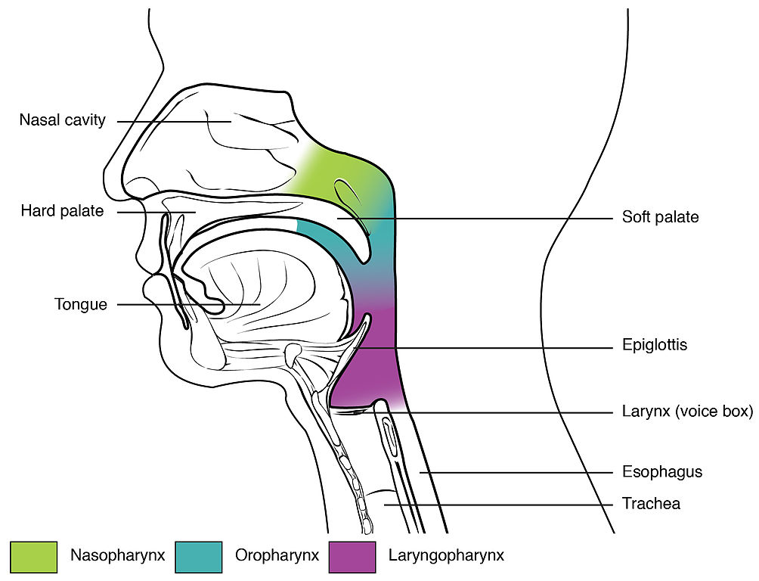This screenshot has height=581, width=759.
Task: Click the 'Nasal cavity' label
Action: [63, 120]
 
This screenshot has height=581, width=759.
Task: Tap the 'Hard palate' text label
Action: [62, 211]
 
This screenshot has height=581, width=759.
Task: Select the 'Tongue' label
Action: [81, 305]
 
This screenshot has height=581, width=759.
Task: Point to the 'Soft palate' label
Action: [660, 217]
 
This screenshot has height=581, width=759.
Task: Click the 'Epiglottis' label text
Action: [654, 345]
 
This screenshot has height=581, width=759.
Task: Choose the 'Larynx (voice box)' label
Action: [687, 412]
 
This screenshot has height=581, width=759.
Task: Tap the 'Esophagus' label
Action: [661, 472]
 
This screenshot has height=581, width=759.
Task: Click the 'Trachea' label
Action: [650, 503]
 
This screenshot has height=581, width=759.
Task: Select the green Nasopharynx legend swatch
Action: [33, 556]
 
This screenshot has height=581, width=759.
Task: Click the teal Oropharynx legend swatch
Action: [198, 556]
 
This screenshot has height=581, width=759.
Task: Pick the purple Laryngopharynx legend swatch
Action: [352, 556]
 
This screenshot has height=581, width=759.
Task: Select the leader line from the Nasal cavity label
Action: [174, 121]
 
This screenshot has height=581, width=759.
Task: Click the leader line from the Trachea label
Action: [499, 503]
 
